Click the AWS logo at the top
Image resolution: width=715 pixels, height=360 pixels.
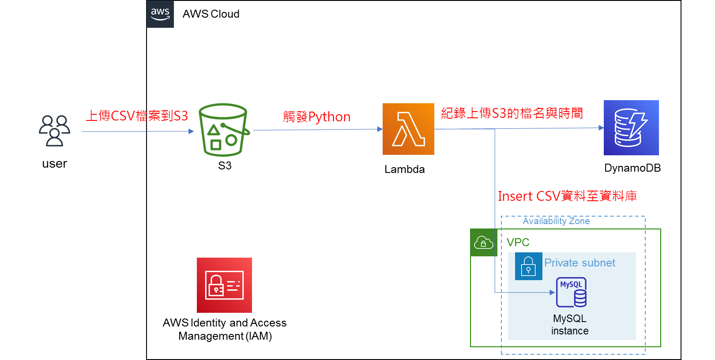pyautogui.click(x=160, y=14)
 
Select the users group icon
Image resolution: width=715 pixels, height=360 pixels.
pyautogui.click(x=54, y=131)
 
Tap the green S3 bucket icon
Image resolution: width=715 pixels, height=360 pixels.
pyautogui.click(x=224, y=130)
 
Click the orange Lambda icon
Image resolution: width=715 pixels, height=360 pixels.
pyautogui.click(x=408, y=129)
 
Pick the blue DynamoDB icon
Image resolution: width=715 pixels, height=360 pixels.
pyautogui.click(x=631, y=127)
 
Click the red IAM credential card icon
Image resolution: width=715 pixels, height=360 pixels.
pyautogui.click(x=224, y=285)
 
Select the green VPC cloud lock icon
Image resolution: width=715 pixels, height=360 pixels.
pyautogui.click(x=483, y=243)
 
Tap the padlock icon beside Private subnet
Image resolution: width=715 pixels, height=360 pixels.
pyautogui.click(x=528, y=266)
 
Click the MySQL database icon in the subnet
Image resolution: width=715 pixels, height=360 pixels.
pyautogui.click(x=572, y=292)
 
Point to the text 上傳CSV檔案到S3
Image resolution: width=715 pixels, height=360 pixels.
pyautogui.click(x=137, y=116)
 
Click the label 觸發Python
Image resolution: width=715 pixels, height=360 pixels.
pyautogui.click(x=316, y=117)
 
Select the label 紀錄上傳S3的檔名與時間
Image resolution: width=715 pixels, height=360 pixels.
pyautogui.click(x=512, y=113)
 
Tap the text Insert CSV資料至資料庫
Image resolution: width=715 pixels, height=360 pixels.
pyautogui.click(x=567, y=196)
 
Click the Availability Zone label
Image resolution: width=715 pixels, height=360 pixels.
pyautogui.click(x=556, y=221)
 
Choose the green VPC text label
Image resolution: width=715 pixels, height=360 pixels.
pyautogui.click(x=518, y=242)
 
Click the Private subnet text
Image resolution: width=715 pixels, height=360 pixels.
pyautogui.click(x=580, y=263)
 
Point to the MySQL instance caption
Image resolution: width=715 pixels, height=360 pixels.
pyautogui.click(x=570, y=325)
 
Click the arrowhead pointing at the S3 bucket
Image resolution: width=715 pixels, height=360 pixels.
pyautogui.click(x=191, y=131)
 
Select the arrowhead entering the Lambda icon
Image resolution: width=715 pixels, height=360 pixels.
pyautogui.click(x=380, y=129)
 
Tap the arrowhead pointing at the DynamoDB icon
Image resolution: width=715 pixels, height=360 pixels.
pyautogui.click(x=601, y=128)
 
